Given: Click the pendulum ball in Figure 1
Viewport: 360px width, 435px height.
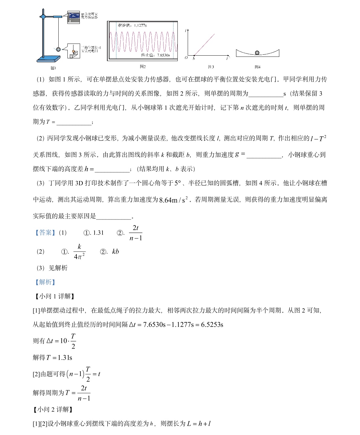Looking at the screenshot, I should (58, 49).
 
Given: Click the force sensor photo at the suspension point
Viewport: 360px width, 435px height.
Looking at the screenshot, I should (74, 17).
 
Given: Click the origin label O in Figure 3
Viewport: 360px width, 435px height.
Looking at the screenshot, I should (186, 57).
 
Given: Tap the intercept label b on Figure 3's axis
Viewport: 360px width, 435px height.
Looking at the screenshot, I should (194, 58).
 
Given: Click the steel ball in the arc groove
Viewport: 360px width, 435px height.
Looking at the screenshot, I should (257, 53).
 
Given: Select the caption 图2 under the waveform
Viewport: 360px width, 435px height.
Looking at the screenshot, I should (143, 67).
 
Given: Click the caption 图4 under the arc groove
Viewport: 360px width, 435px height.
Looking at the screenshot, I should (257, 67).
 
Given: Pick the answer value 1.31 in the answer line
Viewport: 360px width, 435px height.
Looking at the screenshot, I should (98, 233).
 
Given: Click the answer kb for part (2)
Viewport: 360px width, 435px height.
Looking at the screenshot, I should (115, 252).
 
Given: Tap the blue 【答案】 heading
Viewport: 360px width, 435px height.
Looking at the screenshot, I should (45, 233).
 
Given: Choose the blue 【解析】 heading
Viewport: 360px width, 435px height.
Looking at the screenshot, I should (45, 282).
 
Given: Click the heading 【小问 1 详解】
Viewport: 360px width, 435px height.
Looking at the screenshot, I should (54, 296).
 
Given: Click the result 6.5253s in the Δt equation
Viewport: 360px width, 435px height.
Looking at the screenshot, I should (212, 325).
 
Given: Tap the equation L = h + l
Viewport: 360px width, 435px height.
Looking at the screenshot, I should (198, 424).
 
